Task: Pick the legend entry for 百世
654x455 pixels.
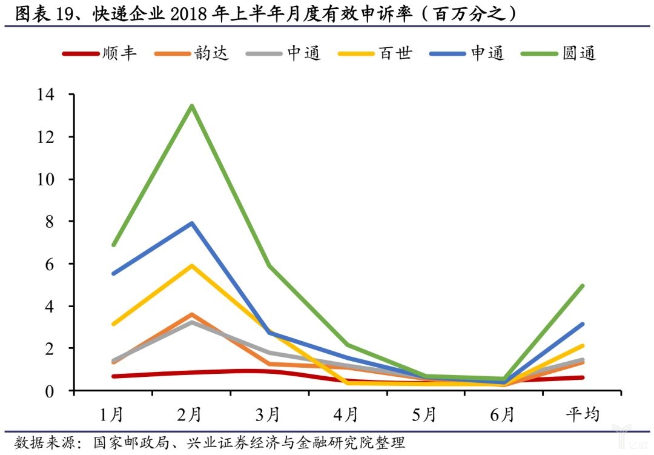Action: pyautogui.click(x=376, y=53)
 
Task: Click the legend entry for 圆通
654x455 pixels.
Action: pyautogui.click(x=560, y=53)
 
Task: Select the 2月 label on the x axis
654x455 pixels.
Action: pyautogui.click(x=191, y=415)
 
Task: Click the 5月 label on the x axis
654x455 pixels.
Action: pyautogui.click(x=426, y=415)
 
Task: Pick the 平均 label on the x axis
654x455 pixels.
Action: pyautogui.click(x=583, y=415)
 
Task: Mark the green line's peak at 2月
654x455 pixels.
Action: pyautogui.click(x=191, y=106)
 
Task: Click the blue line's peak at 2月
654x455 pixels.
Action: pyautogui.click(x=191, y=223)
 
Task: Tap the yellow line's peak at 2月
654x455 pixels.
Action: pyautogui.click(x=191, y=265)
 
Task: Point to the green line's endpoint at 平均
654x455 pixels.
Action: pyautogui.click(x=582, y=286)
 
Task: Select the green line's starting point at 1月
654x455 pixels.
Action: pyautogui.click(x=113, y=245)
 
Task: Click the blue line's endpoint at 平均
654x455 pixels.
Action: pyautogui.click(x=582, y=324)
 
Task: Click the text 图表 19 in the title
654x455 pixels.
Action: pyautogui.click(x=48, y=13)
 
